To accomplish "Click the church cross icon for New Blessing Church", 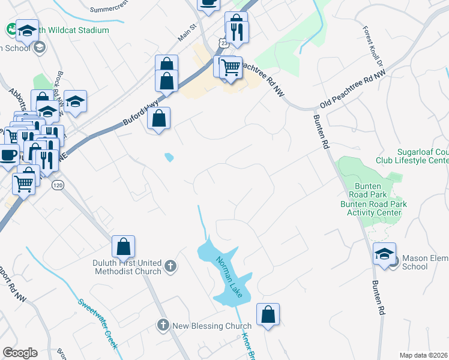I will point(163,325).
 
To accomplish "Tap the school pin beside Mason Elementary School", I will point(384,254).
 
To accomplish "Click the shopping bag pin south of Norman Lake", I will point(268,314).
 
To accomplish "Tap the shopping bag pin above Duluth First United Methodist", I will point(123,246).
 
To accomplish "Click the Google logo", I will point(20,353).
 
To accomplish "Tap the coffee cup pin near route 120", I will point(8,154).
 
